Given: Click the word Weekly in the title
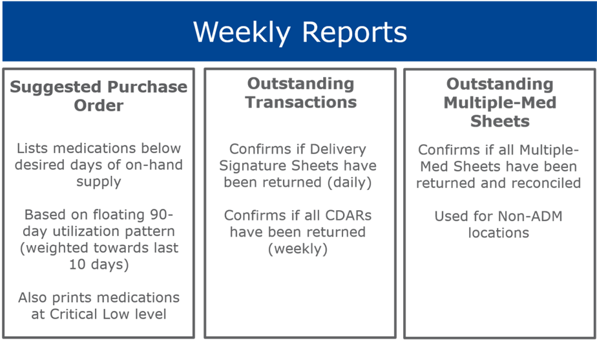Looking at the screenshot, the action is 242,33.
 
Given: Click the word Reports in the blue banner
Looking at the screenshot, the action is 355,33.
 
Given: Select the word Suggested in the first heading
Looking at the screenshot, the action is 56,88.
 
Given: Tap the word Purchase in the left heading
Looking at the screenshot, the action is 147,87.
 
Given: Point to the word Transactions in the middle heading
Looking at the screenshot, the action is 301,102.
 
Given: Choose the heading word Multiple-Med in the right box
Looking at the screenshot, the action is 500,103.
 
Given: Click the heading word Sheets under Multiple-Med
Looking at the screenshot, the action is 500,121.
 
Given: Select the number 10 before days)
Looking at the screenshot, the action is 78,264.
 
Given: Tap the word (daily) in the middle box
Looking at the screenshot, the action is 350,183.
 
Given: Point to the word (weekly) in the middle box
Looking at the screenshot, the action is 298,249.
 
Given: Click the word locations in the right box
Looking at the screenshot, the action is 499,233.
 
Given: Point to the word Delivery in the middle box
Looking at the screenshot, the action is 338,149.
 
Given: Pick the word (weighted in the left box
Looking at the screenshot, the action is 54,248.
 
